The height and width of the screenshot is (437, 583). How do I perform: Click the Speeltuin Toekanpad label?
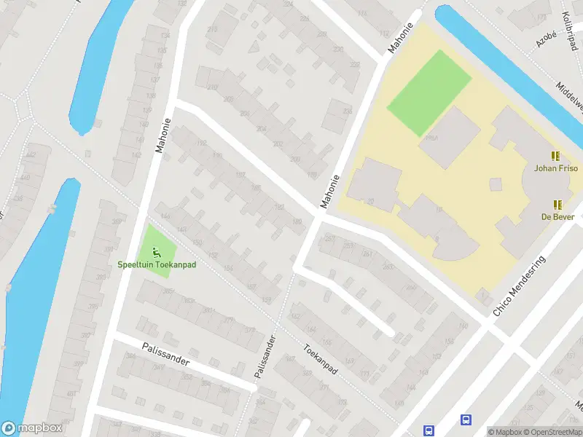tap(157, 264)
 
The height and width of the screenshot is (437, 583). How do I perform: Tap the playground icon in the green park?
tap(156, 253)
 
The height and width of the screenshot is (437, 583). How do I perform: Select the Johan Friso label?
tap(555, 168)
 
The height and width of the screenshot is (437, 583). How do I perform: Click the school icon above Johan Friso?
tap(555, 156)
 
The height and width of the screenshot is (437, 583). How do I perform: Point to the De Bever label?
tap(557, 216)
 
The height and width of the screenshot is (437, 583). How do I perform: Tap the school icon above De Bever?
tap(557, 205)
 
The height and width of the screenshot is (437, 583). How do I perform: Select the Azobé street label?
tap(546, 39)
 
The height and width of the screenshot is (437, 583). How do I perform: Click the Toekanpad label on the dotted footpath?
tap(321, 361)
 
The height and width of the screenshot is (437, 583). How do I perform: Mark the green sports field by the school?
tap(425, 91)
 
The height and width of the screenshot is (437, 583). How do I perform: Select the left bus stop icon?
tap(429, 430)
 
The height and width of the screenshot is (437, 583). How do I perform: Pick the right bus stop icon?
tap(466, 420)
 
